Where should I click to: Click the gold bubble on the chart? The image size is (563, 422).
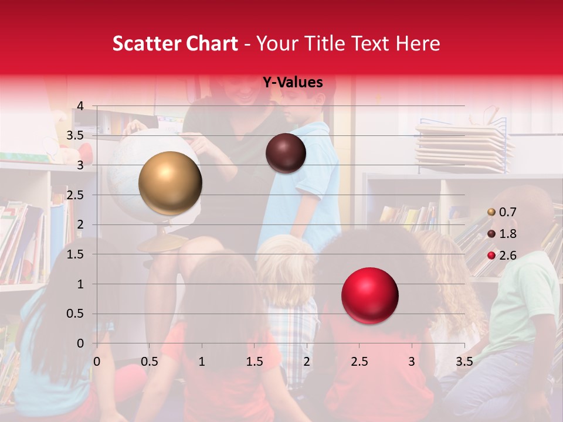pos(170,183)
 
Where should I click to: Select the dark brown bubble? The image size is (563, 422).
pos(286,153)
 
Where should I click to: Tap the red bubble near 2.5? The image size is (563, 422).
pos(369,296)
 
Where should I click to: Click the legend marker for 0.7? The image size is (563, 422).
pos(491,212)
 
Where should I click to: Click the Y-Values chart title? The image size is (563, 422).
pos(293,83)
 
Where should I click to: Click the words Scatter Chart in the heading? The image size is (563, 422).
pos(175,43)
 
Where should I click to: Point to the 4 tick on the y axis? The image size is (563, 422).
pos(80,106)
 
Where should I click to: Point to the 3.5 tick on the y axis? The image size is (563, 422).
pos(75,136)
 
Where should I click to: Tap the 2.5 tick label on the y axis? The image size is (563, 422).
pos(75,195)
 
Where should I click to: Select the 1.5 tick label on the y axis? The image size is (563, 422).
pos(75,254)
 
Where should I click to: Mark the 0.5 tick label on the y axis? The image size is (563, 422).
pos(75,314)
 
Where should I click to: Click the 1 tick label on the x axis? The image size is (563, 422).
pos(202,361)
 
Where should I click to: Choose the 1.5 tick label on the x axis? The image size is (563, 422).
pos(254,361)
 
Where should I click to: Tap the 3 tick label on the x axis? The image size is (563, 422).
pos(412,361)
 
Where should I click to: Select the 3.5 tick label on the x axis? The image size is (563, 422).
pos(464,361)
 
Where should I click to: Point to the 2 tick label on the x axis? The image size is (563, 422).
pos(307,361)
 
